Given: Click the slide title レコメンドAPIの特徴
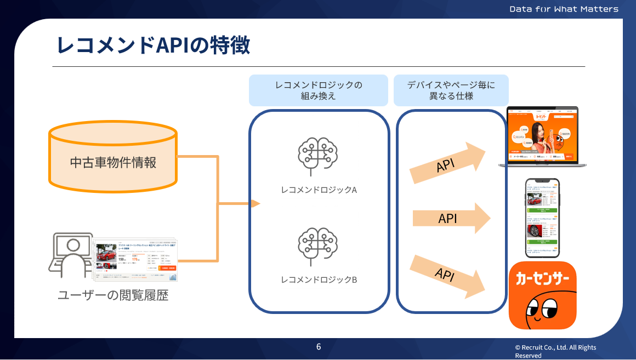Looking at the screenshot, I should pyautogui.click(x=153, y=45).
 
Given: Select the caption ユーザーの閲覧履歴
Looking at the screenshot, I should pyautogui.click(x=113, y=296).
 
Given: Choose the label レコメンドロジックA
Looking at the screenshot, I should pyautogui.click(x=319, y=190).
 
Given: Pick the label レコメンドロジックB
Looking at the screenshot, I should pyautogui.click(x=319, y=279).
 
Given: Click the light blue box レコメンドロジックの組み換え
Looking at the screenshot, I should pyautogui.click(x=319, y=90).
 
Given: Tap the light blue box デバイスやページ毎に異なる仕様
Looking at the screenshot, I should pyautogui.click(x=451, y=90).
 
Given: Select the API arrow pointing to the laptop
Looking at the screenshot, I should pyautogui.click(x=447, y=164).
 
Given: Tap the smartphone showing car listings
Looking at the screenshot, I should pyautogui.click(x=542, y=218).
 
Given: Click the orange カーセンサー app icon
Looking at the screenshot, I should pyautogui.click(x=542, y=295).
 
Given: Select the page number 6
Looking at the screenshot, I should pyautogui.click(x=319, y=347).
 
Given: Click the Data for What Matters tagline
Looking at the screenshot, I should pyautogui.click(x=564, y=9).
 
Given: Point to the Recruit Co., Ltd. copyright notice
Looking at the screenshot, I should pyautogui.click(x=555, y=351).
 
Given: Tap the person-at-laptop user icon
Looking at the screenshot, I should pyautogui.click(x=71, y=256).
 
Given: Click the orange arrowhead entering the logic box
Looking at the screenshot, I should pyautogui.click(x=255, y=204).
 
